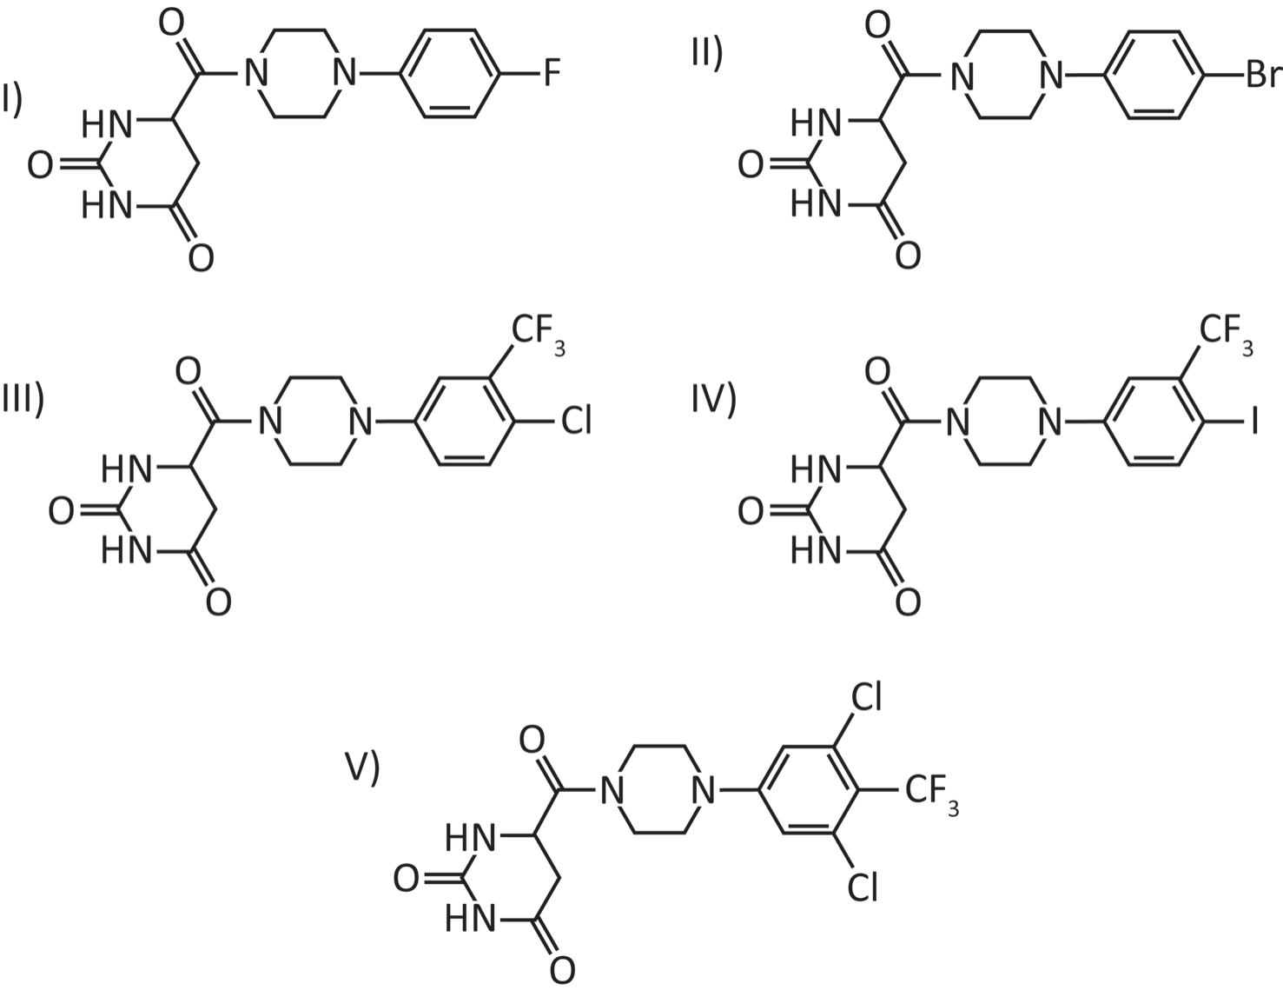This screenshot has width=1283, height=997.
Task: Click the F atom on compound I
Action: tap(552, 73)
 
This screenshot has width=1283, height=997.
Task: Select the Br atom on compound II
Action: tap(1264, 75)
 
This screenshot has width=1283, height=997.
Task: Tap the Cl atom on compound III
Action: tap(576, 421)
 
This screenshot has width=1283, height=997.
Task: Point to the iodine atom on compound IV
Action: tap(1253, 421)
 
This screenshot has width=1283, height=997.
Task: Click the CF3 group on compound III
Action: tap(538, 335)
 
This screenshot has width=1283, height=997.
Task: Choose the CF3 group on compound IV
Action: tap(1226, 335)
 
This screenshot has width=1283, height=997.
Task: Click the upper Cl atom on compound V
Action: tap(866, 696)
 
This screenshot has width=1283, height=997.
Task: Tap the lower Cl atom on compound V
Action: tap(862, 887)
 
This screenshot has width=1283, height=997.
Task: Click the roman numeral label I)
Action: tap(12, 101)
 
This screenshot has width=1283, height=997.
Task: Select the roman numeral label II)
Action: tap(707, 54)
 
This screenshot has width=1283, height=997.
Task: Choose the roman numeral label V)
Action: tap(362, 768)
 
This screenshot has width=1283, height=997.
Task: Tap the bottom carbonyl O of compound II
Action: tap(908, 256)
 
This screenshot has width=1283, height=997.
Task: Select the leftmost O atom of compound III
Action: tap(62, 511)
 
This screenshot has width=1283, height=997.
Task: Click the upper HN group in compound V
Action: tap(470, 837)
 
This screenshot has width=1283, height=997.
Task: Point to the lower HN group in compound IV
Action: tap(816, 552)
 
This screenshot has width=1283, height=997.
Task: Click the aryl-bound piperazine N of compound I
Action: tap(345, 74)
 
